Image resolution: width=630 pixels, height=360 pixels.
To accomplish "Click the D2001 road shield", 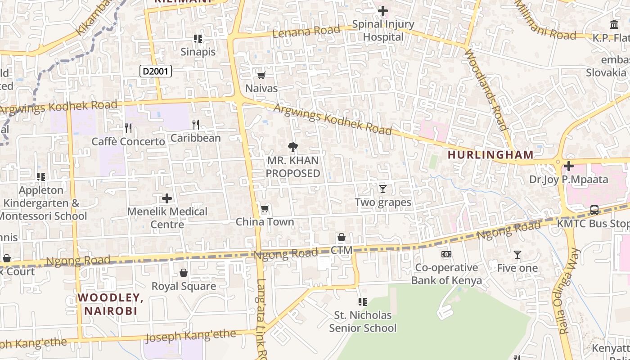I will (x=156, y=71).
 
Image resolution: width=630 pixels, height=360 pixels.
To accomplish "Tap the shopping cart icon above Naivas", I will (x=261, y=75).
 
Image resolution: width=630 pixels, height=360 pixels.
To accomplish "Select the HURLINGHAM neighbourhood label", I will (x=490, y=155).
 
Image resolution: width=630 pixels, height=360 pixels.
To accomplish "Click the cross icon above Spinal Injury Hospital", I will (x=383, y=10).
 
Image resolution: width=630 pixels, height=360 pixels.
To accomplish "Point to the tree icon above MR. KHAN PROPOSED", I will (x=293, y=147).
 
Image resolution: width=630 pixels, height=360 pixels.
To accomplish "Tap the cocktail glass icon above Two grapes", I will (x=383, y=189).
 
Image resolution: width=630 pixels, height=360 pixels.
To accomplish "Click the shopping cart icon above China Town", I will (x=265, y=208).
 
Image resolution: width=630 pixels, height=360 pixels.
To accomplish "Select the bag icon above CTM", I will (x=342, y=237).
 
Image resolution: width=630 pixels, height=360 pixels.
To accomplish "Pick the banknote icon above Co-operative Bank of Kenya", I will (x=446, y=254).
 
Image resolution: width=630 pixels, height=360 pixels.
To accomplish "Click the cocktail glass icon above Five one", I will (x=517, y=255).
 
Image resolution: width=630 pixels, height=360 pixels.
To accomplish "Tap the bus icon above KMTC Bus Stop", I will (x=594, y=210).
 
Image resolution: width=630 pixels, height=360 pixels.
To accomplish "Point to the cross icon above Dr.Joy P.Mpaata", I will (x=569, y=166).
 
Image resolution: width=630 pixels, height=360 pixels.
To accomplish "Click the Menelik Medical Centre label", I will (x=167, y=218).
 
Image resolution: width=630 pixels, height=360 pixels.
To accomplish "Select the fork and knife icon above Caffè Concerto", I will (x=128, y=128).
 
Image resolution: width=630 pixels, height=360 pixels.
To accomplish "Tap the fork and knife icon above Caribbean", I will (x=196, y=124).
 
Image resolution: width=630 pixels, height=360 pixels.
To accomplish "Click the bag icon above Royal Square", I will (x=184, y=273).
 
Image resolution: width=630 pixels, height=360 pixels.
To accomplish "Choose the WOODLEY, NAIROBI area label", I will (x=110, y=304).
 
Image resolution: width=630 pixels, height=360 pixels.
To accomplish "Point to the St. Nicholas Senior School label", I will (x=363, y=321).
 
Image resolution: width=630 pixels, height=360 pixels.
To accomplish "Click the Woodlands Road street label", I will (x=486, y=90).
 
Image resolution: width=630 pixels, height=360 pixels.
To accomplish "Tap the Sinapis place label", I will (x=198, y=52).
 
